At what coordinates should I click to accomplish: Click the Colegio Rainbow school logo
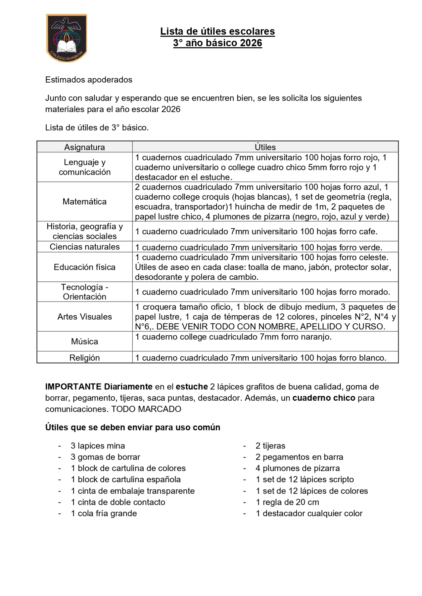pyautogui.click(x=67, y=38)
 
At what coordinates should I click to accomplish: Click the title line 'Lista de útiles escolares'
pyautogui.click(x=217, y=31)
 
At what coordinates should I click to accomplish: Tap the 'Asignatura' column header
pyautogui.click(x=84, y=147)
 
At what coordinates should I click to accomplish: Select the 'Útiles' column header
pyautogui.click(x=265, y=147)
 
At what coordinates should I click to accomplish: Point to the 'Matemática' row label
pyautogui.click(x=84, y=202)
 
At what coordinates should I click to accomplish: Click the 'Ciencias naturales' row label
pyautogui.click(x=84, y=247)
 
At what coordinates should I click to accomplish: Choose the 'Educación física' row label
pyautogui.click(x=84, y=267)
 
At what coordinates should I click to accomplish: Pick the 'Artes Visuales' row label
pyautogui.click(x=84, y=317)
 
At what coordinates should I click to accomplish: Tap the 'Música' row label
pyautogui.click(x=84, y=341)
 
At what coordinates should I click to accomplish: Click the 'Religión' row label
pyautogui.click(x=84, y=358)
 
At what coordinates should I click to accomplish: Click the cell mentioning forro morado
pyautogui.click(x=262, y=292)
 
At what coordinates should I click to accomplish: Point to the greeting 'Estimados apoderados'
pyautogui.click(x=89, y=80)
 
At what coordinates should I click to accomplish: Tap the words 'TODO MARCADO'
pyautogui.click(x=146, y=409)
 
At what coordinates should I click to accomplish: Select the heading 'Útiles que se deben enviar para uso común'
pyautogui.click(x=133, y=427)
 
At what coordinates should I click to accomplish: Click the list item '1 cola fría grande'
pyautogui.click(x=104, y=513)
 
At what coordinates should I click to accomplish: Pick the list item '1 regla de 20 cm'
pyautogui.click(x=287, y=502)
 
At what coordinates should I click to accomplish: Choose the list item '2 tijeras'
pyautogui.click(x=270, y=446)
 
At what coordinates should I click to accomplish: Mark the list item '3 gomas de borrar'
pyautogui.click(x=105, y=457)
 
